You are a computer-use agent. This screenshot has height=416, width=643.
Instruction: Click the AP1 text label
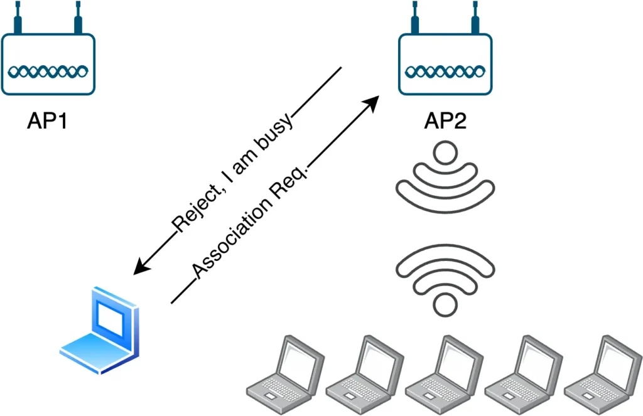coord(47,120)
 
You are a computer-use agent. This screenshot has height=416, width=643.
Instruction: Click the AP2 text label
coord(445,120)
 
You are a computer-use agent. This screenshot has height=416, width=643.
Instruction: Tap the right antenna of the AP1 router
coord(78,19)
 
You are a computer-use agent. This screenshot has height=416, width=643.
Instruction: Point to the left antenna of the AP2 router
coord(415,19)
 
